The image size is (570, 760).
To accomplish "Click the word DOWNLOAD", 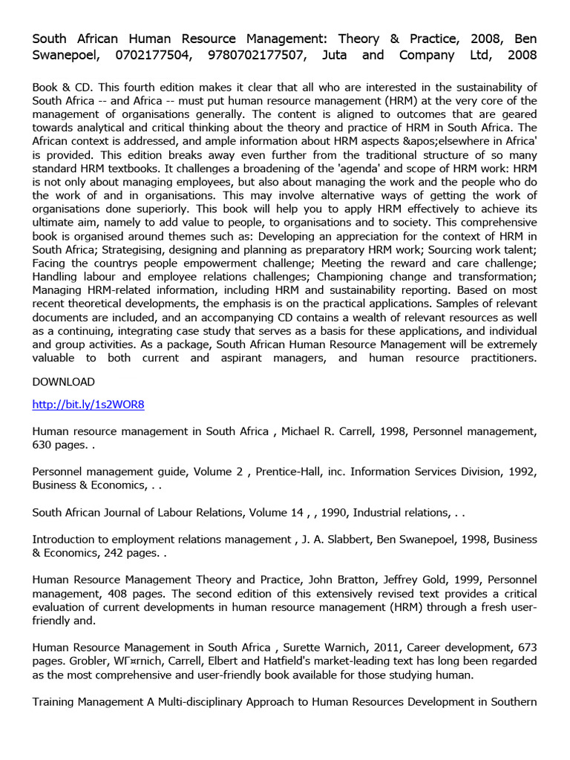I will tap(64, 381).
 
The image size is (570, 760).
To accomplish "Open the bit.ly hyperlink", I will tap(88, 404).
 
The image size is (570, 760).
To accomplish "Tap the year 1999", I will tap(427, 580).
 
